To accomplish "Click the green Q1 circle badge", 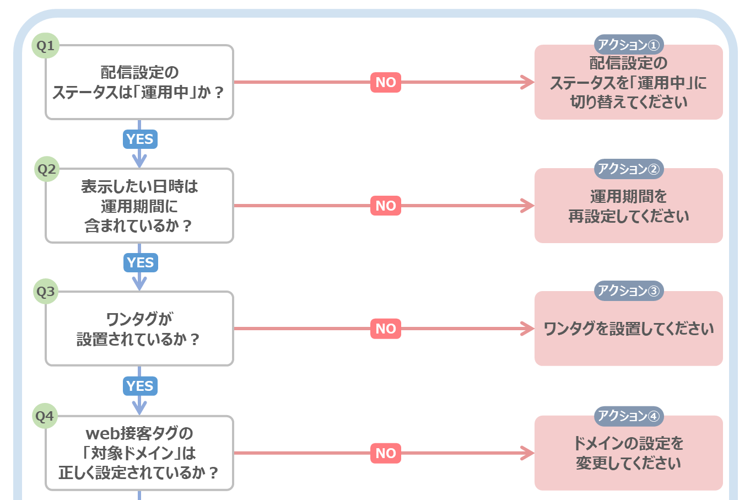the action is pyautogui.click(x=46, y=46).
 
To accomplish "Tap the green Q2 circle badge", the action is pyautogui.click(x=47, y=169).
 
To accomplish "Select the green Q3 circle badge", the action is pyautogui.click(x=46, y=292).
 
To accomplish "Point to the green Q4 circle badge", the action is pyautogui.click(x=45, y=416).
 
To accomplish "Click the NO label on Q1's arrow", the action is pyautogui.click(x=386, y=82).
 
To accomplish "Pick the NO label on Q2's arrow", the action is pyautogui.click(x=386, y=206).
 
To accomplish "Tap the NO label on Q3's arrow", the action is pyautogui.click(x=386, y=329).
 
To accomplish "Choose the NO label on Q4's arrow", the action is pyautogui.click(x=386, y=453).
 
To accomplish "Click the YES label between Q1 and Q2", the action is pyautogui.click(x=140, y=139).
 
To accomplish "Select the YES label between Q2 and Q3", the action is pyautogui.click(x=141, y=262).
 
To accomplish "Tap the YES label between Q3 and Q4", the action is pyautogui.click(x=140, y=386).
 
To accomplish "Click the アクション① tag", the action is pyautogui.click(x=629, y=45).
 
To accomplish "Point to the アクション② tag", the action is pyautogui.click(x=629, y=169).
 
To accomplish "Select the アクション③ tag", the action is pyautogui.click(x=629, y=291).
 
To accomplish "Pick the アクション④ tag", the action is pyautogui.click(x=629, y=416).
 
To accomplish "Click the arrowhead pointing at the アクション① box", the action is pyautogui.click(x=528, y=82).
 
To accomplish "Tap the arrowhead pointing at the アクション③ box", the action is pyautogui.click(x=528, y=329).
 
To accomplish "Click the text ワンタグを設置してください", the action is pyautogui.click(x=628, y=329).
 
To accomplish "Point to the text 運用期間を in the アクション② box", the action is pyautogui.click(x=628, y=196).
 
